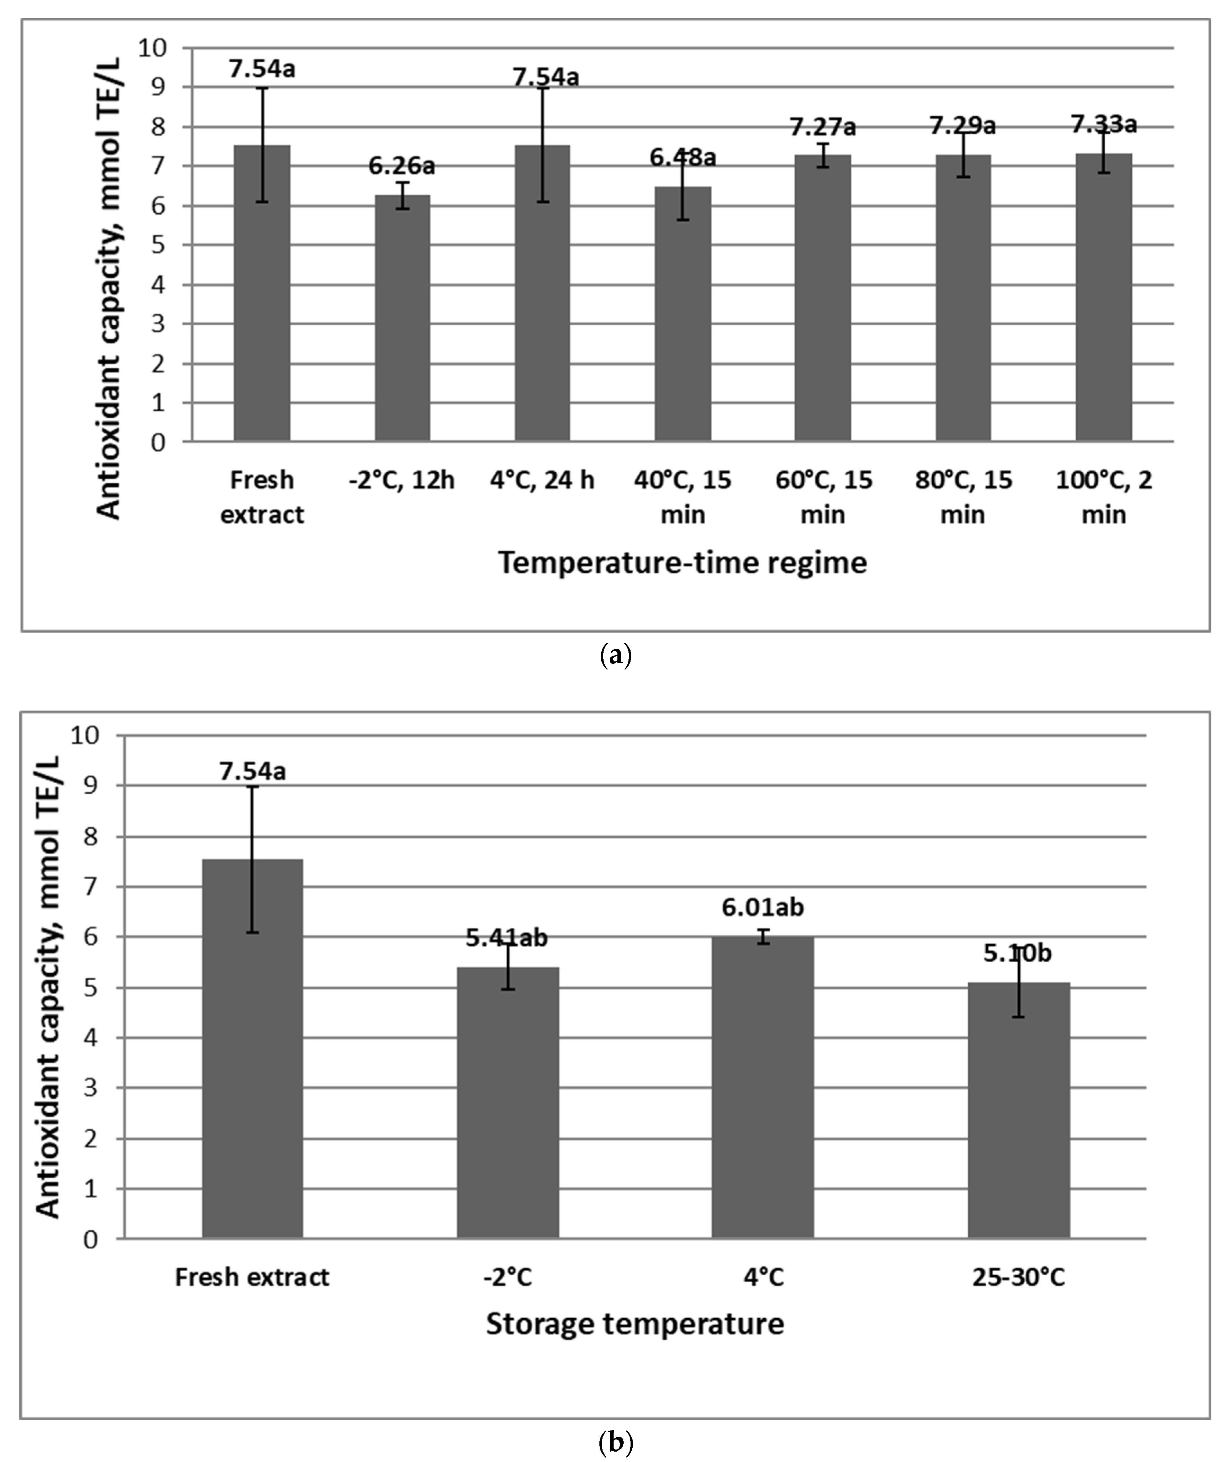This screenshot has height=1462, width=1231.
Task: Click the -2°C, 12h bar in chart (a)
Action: click(402, 318)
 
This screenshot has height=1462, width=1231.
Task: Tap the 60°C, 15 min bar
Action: click(823, 298)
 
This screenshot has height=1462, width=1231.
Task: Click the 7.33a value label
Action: click(1103, 124)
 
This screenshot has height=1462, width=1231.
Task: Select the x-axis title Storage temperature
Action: click(635, 1324)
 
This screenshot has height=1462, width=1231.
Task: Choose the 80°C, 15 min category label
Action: click(963, 497)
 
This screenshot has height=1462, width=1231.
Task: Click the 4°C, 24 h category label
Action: click(542, 480)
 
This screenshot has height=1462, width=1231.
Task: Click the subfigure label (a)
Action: click(615, 656)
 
